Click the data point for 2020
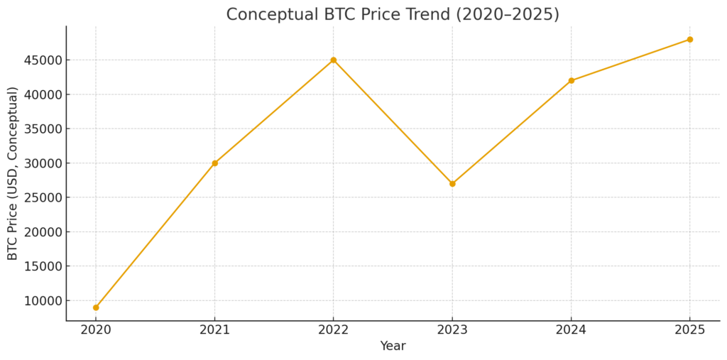(96, 307)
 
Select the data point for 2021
(214, 163)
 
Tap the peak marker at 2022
(334, 60)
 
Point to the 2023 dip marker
(452, 184)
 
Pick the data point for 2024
(571, 81)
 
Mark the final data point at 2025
(689, 40)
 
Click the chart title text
(393, 14)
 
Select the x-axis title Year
(393, 347)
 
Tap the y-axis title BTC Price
(13, 173)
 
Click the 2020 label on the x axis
(96, 330)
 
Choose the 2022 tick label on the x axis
(334, 330)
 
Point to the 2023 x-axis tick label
(452, 330)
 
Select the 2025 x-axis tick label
(689, 330)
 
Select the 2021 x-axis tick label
(214, 330)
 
